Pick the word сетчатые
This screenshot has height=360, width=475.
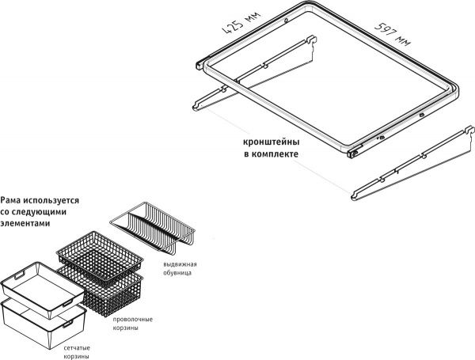coord(78,347)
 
